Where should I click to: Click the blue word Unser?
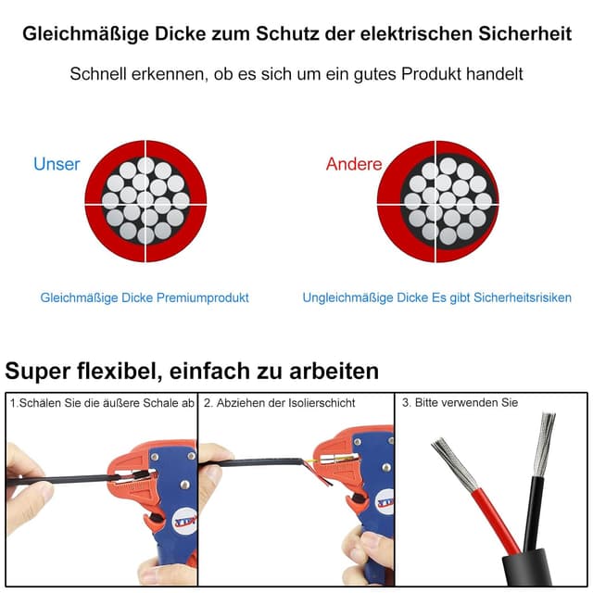57,164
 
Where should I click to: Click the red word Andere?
353,164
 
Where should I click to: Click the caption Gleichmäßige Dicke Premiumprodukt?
145,297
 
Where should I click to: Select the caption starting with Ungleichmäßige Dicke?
436,297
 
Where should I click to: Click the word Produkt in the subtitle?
425,73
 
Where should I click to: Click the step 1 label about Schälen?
102,403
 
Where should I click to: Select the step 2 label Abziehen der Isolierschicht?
279,403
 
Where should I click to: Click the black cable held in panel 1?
65,480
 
